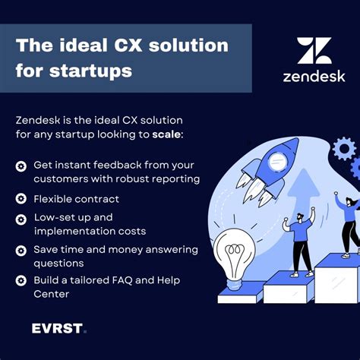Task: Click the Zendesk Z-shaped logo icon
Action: tap(314, 50)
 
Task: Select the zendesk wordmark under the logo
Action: tap(314, 76)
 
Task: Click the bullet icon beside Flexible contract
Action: tap(21, 198)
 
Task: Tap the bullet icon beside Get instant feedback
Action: tap(21, 166)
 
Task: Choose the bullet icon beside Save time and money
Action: tap(21, 249)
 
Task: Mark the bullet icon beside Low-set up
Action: tap(21, 218)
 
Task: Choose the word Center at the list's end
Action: tap(51, 294)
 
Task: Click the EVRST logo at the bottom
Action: tap(59, 329)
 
